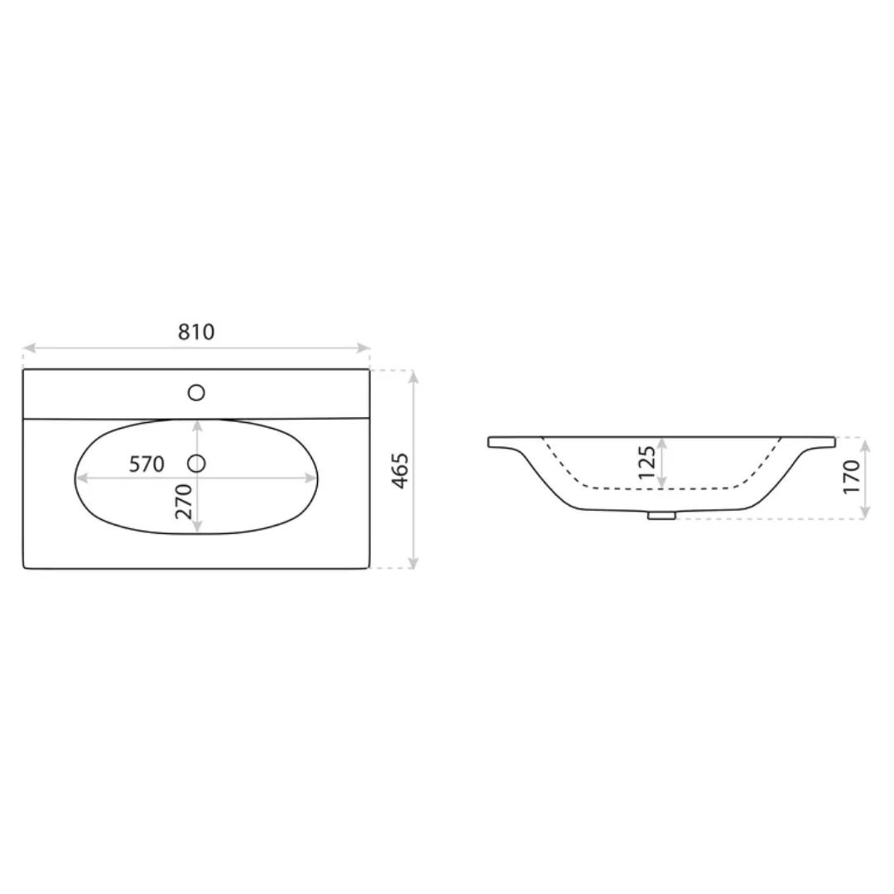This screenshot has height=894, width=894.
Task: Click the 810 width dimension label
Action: (196, 332)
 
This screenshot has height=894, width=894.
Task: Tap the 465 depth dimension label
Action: (401, 470)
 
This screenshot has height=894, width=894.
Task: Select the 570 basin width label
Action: (147, 464)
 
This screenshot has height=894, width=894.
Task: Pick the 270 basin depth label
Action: (184, 501)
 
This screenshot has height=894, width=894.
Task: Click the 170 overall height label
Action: (852, 478)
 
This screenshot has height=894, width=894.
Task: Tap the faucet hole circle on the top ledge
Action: (196, 392)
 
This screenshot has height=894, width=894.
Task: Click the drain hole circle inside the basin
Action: (196, 464)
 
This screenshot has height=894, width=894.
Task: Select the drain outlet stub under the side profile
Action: (661, 516)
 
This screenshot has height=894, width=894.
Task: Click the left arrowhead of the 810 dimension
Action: (27, 348)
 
